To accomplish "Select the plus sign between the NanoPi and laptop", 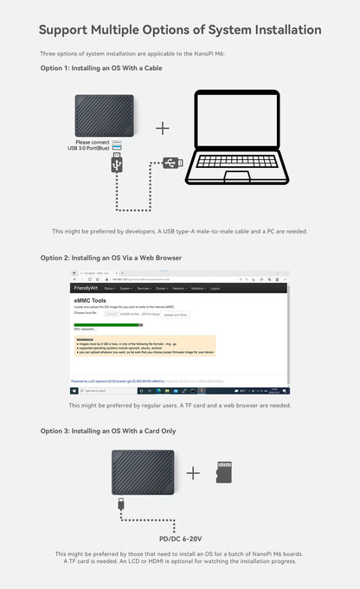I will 163,128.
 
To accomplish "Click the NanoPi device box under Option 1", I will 105,115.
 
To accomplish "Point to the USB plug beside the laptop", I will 173,161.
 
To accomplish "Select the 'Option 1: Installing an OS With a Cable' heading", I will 101,67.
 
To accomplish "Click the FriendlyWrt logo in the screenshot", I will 87,288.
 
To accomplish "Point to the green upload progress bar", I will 93,325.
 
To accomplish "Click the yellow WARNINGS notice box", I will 145,346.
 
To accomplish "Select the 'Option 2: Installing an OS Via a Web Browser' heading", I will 111,258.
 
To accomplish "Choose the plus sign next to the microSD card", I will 193,472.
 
